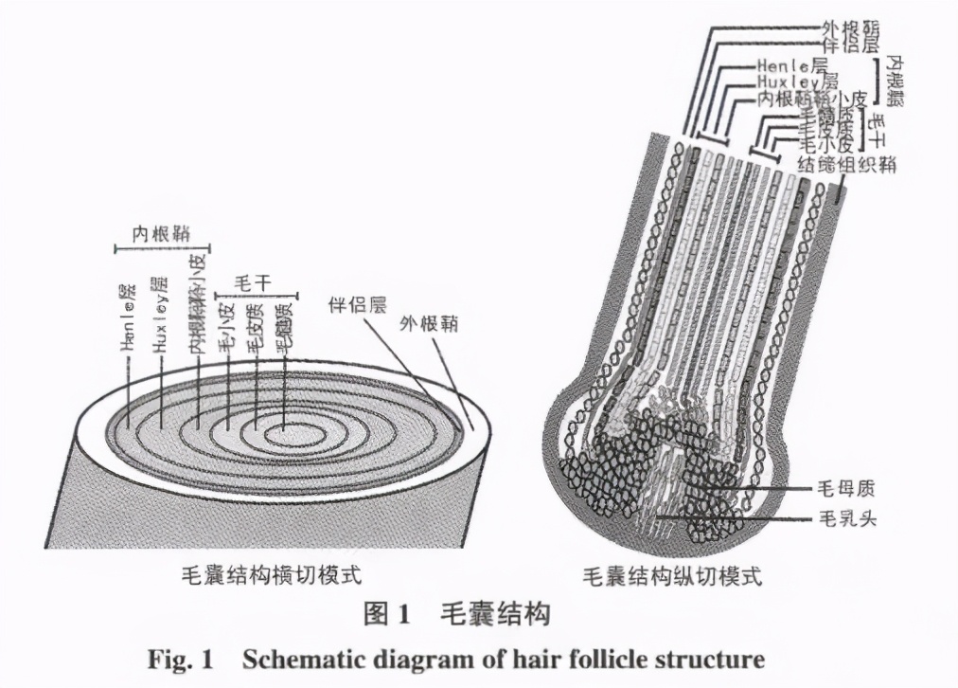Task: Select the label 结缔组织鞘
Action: pyautogui.click(x=845, y=164)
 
